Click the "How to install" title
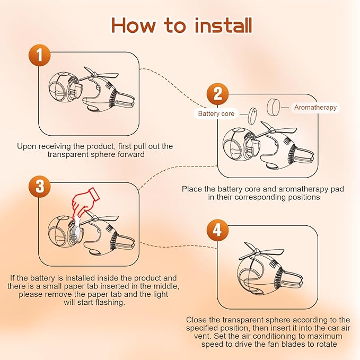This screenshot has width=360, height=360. [182, 25]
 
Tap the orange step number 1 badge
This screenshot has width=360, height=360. [39, 55]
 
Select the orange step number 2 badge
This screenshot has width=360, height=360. [217, 94]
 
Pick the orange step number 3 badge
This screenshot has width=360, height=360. [39, 186]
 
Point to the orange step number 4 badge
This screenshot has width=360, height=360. [217, 230]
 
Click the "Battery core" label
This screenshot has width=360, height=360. [216, 113]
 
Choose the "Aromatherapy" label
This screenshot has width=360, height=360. [315, 107]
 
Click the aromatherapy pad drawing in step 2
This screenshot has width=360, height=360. [274, 107]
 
